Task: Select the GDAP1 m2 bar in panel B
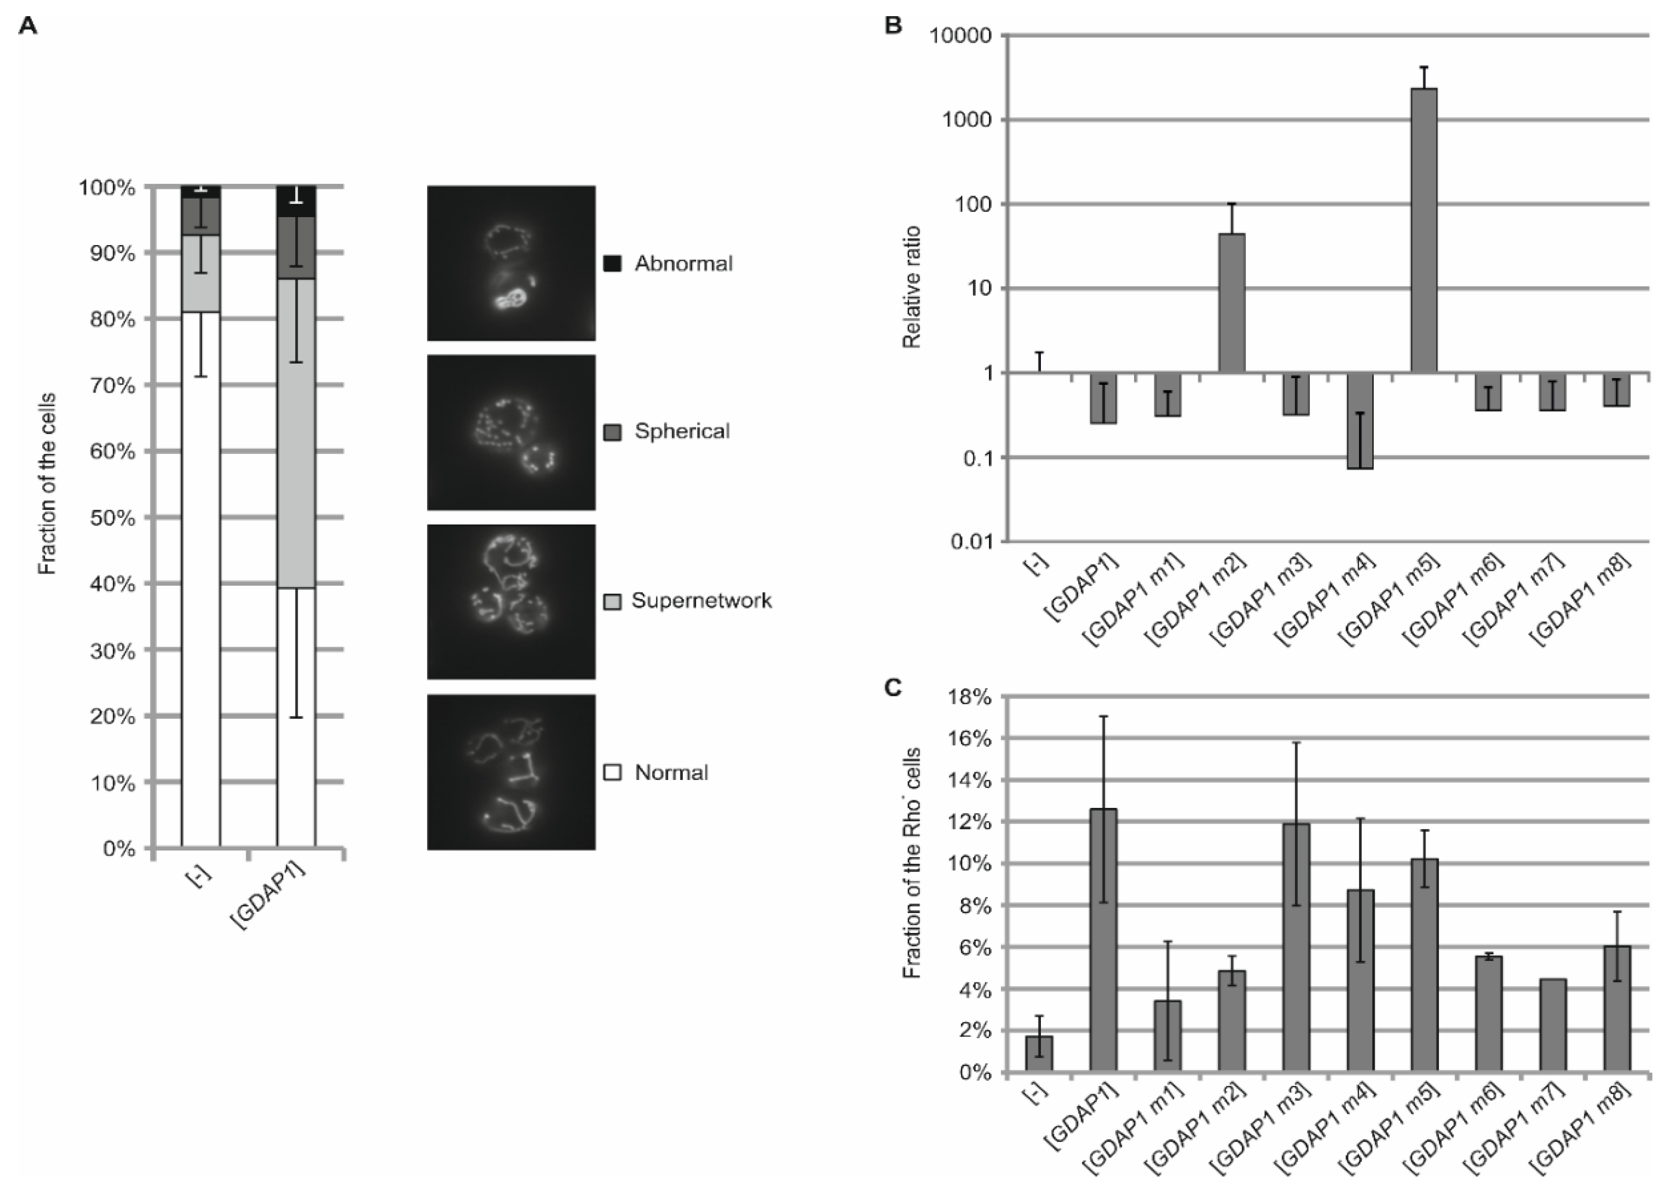1232,302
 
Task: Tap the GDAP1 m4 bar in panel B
1360,420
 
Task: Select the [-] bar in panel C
1039,1053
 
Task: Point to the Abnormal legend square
612,263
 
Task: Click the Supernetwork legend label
701,600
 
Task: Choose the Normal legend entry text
671,773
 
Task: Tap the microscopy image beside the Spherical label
511,432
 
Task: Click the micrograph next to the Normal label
511,772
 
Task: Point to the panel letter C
893,687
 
